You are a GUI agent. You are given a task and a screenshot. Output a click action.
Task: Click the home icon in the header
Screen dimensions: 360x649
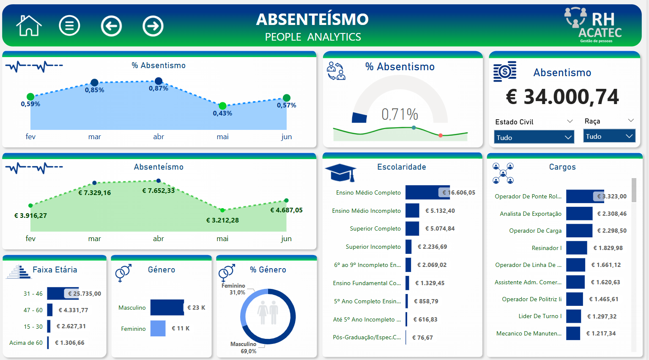(x=29, y=26)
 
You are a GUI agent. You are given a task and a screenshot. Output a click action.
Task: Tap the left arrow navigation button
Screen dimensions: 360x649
(x=111, y=26)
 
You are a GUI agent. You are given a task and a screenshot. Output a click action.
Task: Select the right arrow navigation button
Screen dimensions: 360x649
(x=153, y=26)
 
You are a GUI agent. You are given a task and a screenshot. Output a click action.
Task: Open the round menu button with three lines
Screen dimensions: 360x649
(x=69, y=26)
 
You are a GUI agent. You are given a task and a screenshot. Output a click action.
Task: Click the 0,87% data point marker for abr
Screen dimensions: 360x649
(x=159, y=81)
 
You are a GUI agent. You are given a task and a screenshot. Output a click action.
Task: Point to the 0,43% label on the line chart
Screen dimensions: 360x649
(x=222, y=113)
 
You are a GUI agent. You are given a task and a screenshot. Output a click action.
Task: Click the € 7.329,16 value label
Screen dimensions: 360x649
(x=95, y=193)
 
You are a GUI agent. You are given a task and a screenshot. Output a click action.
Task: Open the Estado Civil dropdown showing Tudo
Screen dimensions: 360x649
(x=534, y=137)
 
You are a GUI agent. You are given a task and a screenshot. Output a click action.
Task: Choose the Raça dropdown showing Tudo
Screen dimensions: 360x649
(x=609, y=136)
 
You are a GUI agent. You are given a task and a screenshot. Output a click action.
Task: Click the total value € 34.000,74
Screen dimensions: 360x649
(x=562, y=97)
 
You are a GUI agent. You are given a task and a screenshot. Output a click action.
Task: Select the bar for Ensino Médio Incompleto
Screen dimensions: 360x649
(x=412, y=211)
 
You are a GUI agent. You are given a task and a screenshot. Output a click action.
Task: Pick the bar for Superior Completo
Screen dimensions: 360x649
(x=412, y=228)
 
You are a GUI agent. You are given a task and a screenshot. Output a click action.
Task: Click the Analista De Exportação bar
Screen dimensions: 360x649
(x=579, y=214)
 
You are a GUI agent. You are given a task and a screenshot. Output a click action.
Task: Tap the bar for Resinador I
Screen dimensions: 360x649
(x=577, y=248)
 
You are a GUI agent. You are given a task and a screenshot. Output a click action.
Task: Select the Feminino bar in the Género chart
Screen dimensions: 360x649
(x=158, y=329)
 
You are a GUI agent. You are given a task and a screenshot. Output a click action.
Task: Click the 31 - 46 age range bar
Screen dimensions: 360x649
(x=63, y=294)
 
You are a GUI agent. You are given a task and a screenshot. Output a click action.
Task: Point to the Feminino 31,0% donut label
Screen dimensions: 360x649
(x=234, y=289)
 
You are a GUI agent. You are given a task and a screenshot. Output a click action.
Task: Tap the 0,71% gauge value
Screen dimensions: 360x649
(x=400, y=114)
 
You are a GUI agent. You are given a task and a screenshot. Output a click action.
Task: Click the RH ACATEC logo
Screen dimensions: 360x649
(x=594, y=25)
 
